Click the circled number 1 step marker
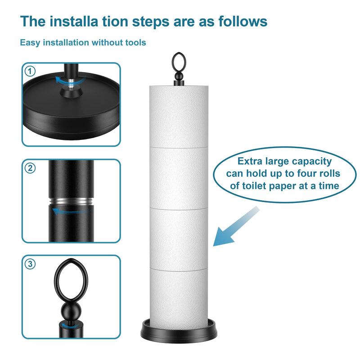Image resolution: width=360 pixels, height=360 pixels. [x=30, y=71]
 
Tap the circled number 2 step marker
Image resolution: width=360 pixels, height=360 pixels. [x=30, y=168]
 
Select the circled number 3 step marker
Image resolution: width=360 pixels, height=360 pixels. [x=30, y=264]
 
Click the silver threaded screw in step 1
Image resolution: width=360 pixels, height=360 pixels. [x=71, y=83]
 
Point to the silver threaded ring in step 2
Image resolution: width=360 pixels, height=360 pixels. [x=71, y=201]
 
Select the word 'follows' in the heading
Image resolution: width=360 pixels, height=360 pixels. [x=243, y=22]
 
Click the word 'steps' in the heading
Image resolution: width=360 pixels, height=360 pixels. [x=151, y=22]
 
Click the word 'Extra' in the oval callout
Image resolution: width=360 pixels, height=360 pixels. [x=250, y=161]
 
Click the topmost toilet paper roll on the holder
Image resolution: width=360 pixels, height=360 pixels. [x=179, y=117]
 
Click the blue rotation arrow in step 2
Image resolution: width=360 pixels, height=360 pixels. [x=71, y=211]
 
